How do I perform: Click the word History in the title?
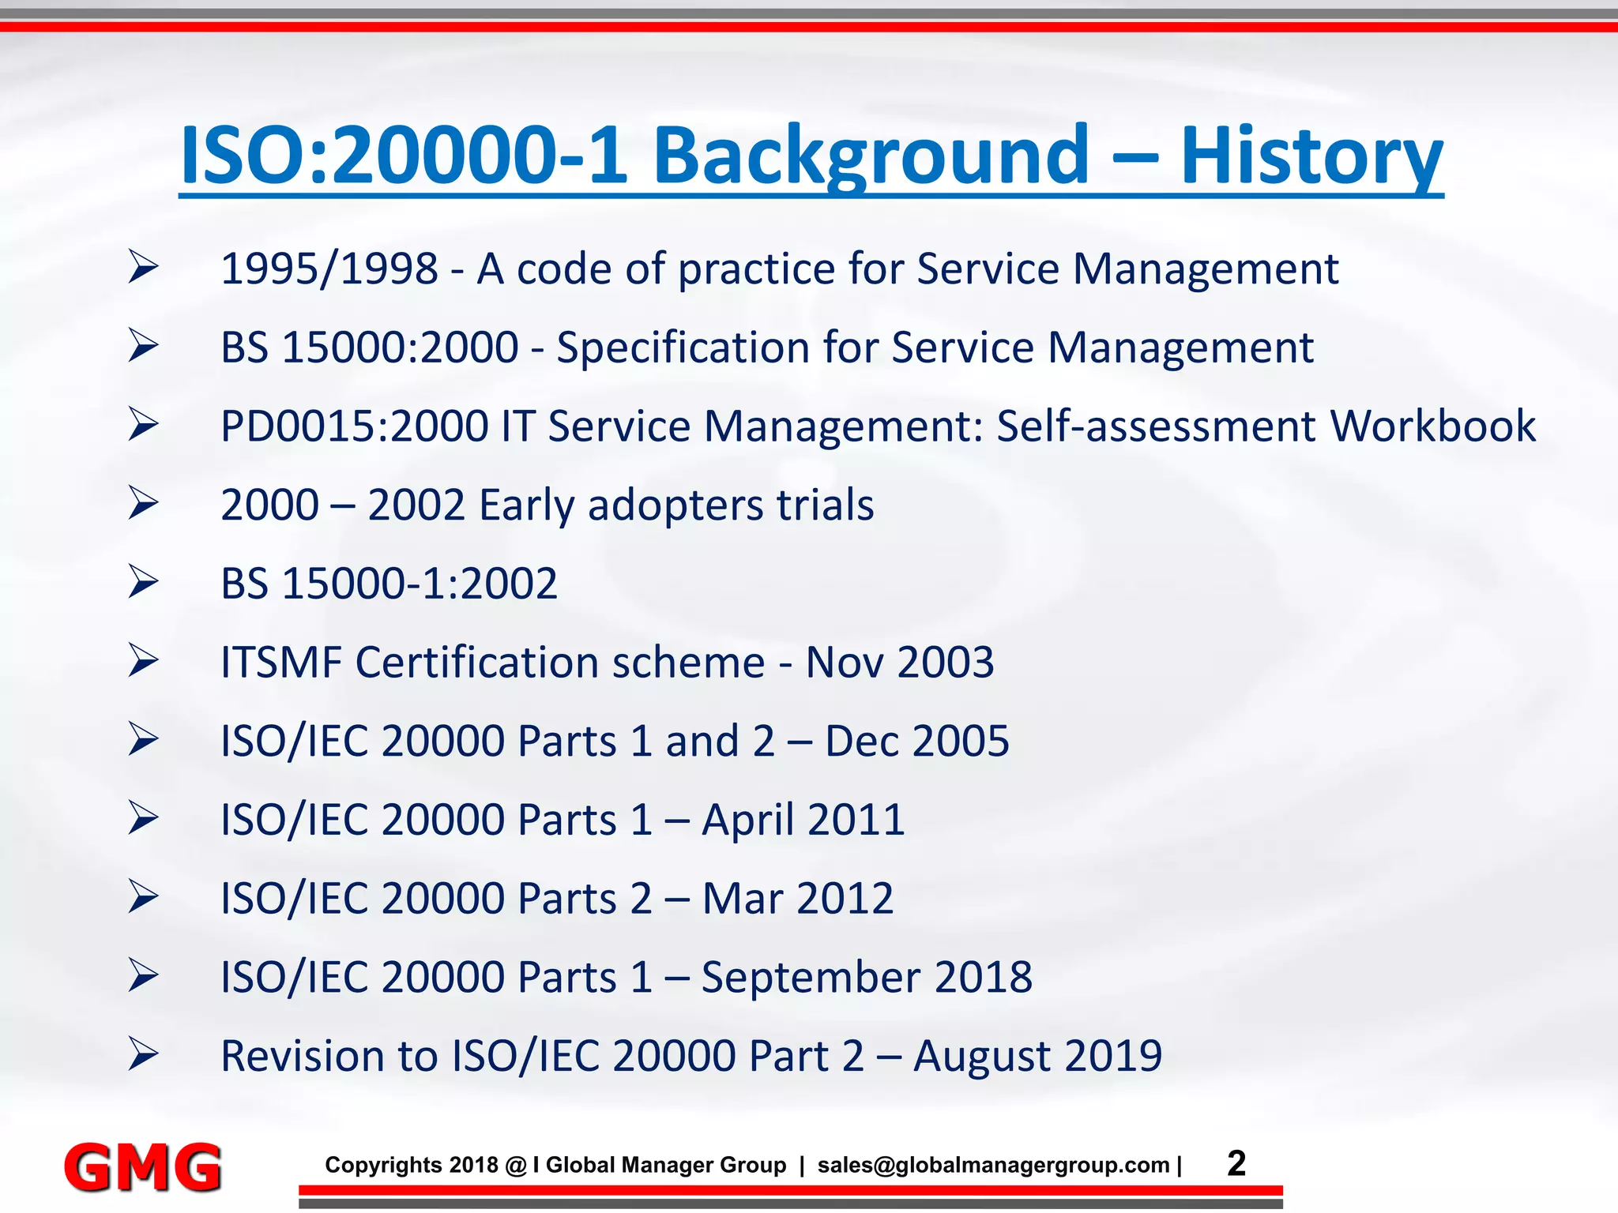(1311, 156)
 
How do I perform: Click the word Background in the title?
(871, 156)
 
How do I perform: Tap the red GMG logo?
(142, 1167)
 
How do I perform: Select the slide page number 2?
(1236, 1163)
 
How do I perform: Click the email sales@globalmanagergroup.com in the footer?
(993, 1166)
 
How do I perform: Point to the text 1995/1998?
(329, 269)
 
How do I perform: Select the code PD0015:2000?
(355, 426)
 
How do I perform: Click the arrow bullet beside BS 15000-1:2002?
(144, 582)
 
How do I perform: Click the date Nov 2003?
(899, 662)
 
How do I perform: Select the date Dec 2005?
(916, 741)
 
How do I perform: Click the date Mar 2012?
(797, 899)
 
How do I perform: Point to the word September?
(811, 978)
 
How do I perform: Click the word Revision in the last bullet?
(328, 1056)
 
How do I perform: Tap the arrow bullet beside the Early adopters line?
(144, 504)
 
